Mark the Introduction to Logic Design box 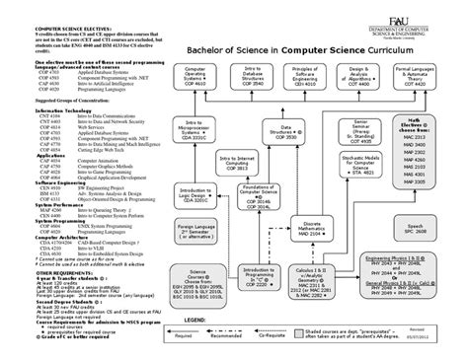(196, 222)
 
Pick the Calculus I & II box (303, 300)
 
